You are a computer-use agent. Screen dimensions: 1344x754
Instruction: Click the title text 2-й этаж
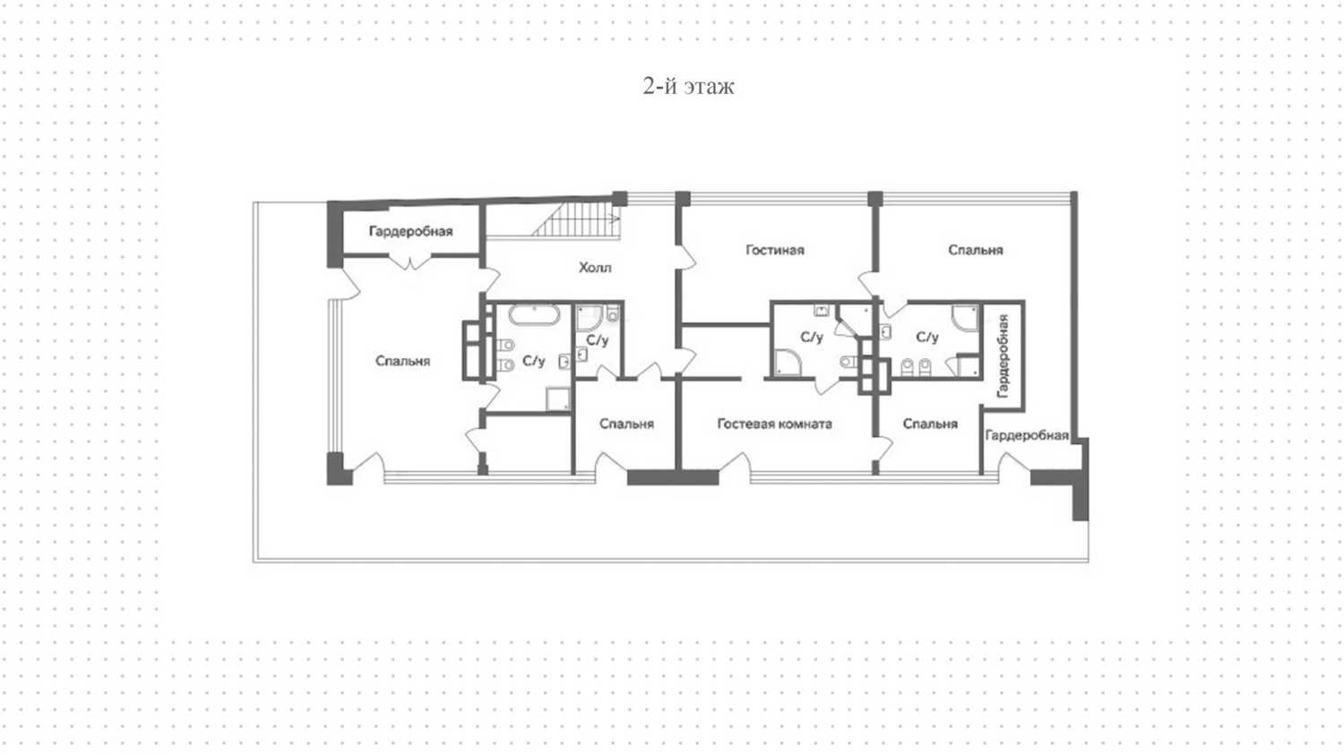click(x=688, y=86)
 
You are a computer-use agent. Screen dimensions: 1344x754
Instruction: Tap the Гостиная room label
click(x=775, y=250)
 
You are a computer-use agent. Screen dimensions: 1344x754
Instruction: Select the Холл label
click(x=595, y=268)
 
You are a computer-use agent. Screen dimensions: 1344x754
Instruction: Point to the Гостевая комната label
click(x=775, y=424)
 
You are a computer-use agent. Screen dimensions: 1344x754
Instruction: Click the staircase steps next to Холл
click(x=576, y=219)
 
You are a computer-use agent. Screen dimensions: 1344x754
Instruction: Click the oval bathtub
click(x=534, y=315)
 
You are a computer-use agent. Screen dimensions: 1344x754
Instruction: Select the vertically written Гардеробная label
click(x=1002, y=356)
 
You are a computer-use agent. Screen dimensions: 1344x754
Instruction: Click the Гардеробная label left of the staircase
click(x=410, y=232)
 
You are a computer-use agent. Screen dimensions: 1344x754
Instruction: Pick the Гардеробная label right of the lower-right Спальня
click(x=1027, y=435)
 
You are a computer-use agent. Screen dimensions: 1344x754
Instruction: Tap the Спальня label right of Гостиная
click(x=975, y=250)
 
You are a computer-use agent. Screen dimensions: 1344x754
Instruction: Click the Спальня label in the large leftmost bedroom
click(x=402, y=361)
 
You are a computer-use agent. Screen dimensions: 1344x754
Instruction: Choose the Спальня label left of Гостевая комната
click(x=626, y=424)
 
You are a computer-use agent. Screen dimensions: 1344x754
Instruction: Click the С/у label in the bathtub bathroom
click(x=533, y=361)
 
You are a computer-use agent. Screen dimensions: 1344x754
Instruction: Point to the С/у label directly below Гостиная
click(x=811, y=338)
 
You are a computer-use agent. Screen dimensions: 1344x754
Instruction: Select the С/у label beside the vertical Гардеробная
click(x=927, y=338)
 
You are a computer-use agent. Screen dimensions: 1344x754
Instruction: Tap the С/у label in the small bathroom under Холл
click(x=597, y=340)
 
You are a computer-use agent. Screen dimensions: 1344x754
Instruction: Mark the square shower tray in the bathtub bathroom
click(x=557, y=399)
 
